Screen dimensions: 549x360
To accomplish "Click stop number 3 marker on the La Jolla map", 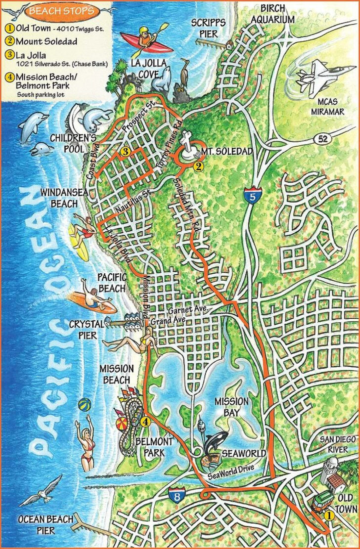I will click(x=126, y=152).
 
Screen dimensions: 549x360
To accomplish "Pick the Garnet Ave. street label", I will click(x=188, y=311).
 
